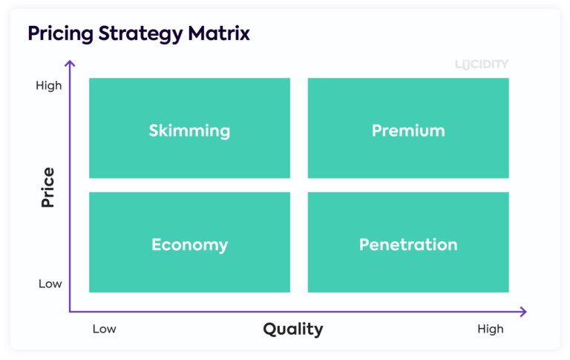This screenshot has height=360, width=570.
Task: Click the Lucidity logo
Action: (x=482, y=65)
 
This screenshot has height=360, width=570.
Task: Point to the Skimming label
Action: (x=189, y=131)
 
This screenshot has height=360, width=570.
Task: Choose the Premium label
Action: (x=408, y=131)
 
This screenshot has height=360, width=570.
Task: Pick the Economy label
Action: (x=189, y=244)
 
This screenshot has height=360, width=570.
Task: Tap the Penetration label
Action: (x=408, y=244)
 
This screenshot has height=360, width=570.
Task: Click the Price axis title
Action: (x=48, y=187)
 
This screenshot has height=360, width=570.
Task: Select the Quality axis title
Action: (x=293, y=329)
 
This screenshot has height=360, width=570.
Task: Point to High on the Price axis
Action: (x=49, y=85)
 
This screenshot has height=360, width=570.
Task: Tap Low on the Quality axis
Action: (x=105, y=329)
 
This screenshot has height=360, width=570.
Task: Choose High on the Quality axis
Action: (x=491, y=329)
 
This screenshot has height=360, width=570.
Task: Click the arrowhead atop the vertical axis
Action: (x=71, y=64)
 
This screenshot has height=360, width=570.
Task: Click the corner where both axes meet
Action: (x=71, y=312)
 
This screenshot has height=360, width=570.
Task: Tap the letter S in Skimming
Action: (x=154, y=131)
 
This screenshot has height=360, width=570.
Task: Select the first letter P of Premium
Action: (x=377, y=131)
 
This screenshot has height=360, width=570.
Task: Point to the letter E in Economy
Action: (x=157, y=244)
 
